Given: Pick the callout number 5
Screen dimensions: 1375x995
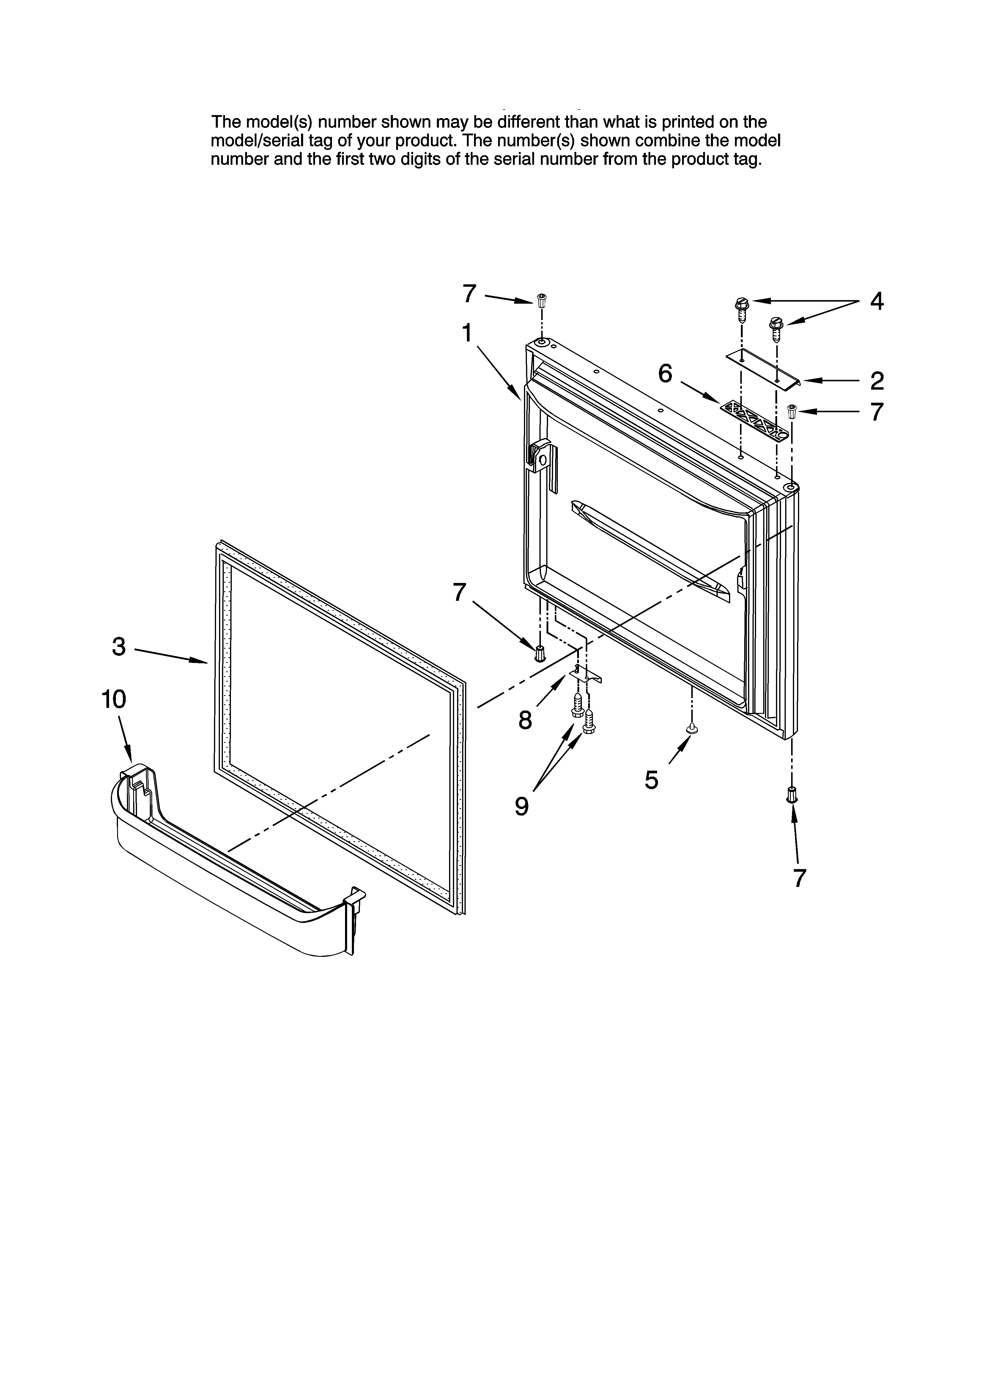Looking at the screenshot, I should tap(651, 780).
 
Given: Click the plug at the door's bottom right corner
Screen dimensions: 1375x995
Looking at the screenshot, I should tap(791, 794).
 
